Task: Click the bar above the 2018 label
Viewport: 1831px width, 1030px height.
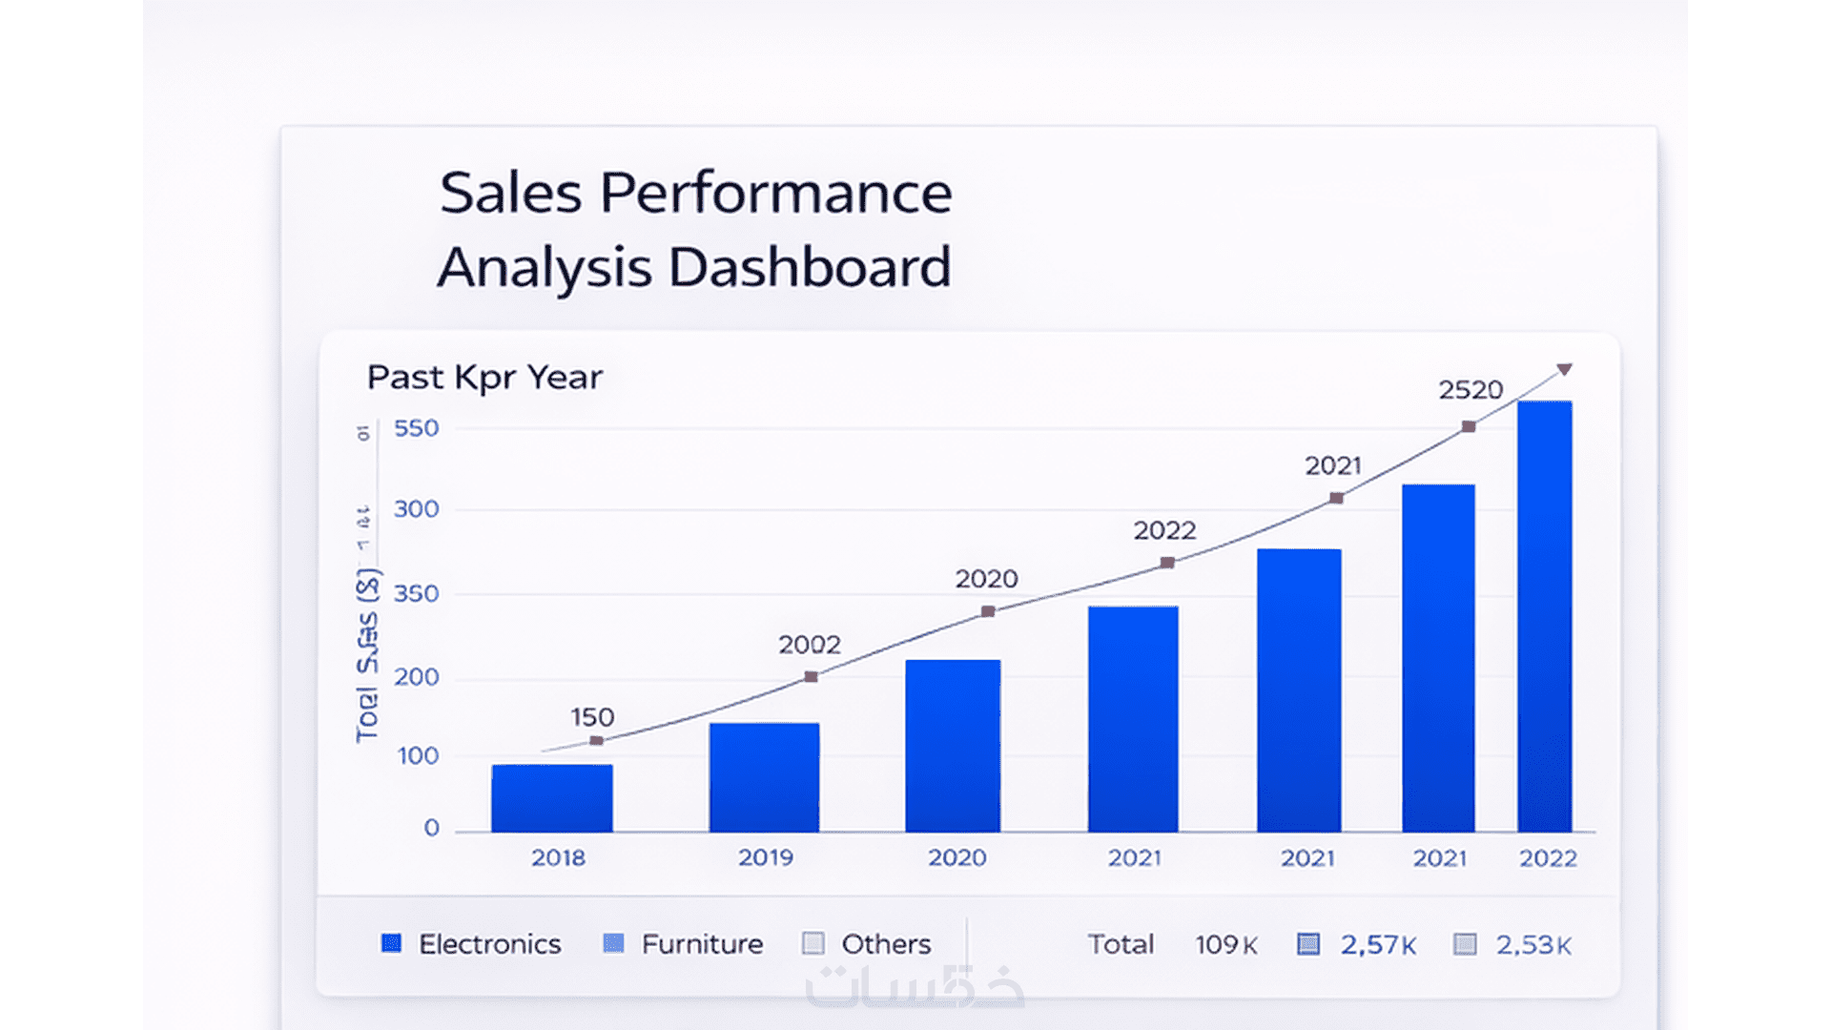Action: coord(552,798)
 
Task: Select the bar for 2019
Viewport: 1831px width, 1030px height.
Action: coord(764,777)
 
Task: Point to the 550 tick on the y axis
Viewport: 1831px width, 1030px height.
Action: coord(417,428)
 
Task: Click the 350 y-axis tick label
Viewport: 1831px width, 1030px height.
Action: coord(417,593)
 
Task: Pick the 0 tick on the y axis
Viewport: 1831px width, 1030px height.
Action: coord(432,828)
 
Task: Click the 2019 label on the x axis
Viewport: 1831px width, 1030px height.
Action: coord(765,857)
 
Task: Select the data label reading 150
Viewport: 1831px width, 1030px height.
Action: coord(592,717)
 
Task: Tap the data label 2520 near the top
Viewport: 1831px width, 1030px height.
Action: coord(1471,390)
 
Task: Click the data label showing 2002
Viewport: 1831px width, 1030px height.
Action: coord(810,645)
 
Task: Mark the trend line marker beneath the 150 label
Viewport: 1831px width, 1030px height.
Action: coord(596,741)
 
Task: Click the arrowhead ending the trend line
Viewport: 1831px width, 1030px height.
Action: coord(1564,369)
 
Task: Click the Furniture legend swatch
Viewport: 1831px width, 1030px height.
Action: coord(613,944)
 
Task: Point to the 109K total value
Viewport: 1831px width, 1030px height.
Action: coord(1226,945)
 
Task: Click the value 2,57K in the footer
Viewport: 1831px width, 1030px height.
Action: coord(1378,945)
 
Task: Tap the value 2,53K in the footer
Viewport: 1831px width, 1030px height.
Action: coord(1533,945)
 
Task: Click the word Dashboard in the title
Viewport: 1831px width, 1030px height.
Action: coord(810,267)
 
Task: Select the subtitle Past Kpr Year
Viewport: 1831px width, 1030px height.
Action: coord(484,378)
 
